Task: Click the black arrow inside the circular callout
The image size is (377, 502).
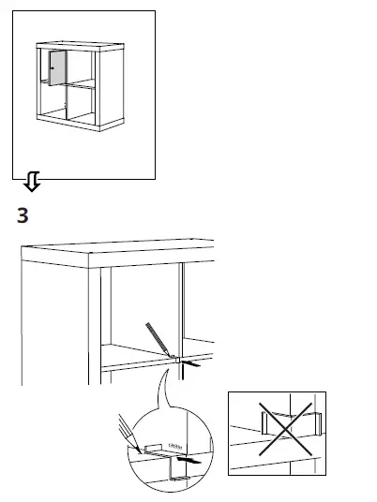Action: coord(187,461)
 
